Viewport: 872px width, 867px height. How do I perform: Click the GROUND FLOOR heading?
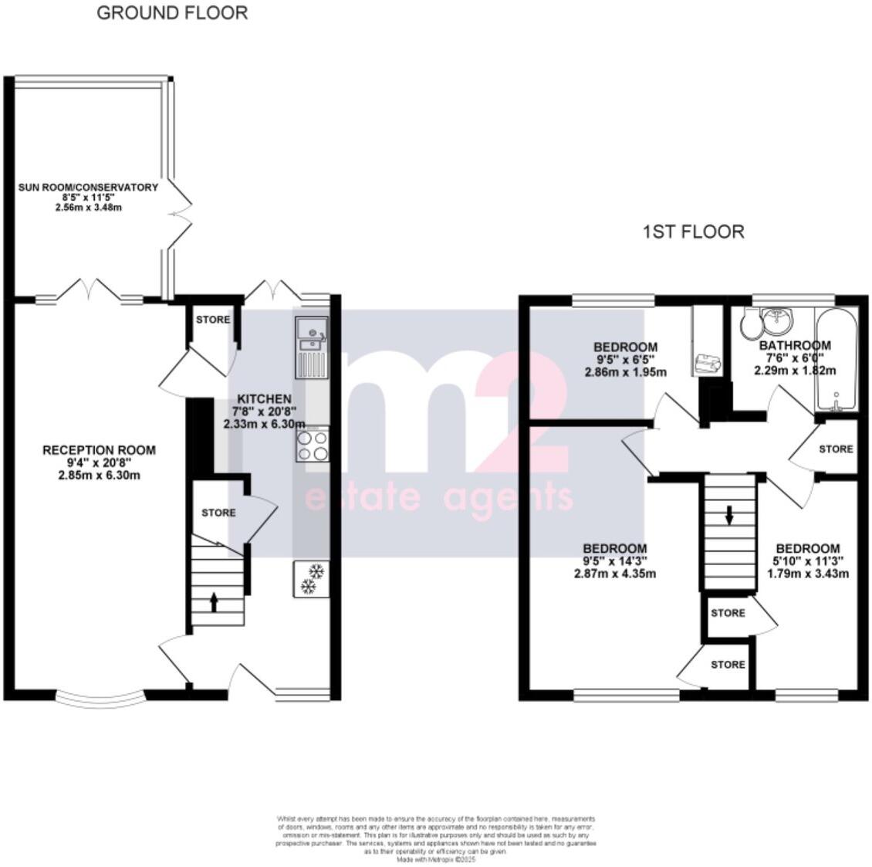coord(172,13)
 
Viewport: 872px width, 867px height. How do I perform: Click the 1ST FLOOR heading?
coord(693,232)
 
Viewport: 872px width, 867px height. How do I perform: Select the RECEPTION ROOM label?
coord(99,450)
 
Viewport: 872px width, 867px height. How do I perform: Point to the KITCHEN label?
coord(264,398)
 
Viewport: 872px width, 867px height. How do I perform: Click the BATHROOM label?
coord(794,345)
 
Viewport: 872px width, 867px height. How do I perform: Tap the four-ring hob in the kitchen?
coord(311,445)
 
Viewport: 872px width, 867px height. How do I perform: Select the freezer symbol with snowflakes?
coord(311,579)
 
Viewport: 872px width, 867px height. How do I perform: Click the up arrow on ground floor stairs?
coord(214,601)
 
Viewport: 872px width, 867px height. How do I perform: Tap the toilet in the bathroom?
coord(749,324)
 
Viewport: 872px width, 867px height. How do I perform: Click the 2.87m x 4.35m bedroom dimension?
coord(614,574)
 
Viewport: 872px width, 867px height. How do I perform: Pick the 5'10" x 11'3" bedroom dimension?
coord(807,561)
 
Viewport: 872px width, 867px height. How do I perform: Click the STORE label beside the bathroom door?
coord(836,449)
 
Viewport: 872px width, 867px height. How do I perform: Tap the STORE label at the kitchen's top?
coord(212,320)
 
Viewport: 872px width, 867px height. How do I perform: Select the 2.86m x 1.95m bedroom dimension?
coord(625,372)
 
